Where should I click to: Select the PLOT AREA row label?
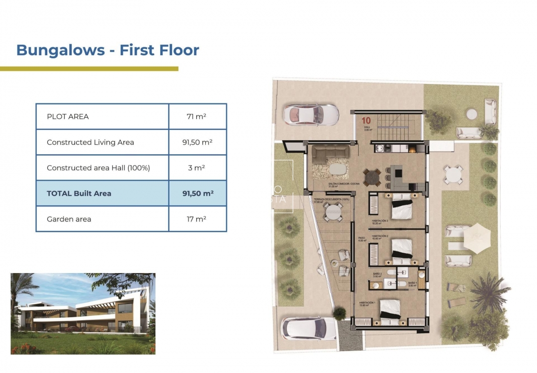pyautogui.click(x=68, y=117)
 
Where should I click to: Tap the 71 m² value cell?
pyautogui.click(x=197, y=117)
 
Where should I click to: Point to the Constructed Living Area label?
pyautogui.click(x=90, y=142)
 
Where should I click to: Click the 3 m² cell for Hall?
pyautogui.click(x=197, y=168)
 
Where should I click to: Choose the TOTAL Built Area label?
pyautogui.click(x=79, y=193)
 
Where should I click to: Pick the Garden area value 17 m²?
pyautogui.click(x=197, y=219)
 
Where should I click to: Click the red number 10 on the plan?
pyautogui.click(x=366, y=120)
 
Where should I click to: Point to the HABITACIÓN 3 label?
pyautogui.click(x=383, y=221)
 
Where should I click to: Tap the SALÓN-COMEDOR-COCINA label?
pyautogui.click(x=344, y=184)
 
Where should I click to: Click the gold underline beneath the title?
pyautogui.click(x=89, y=69)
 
